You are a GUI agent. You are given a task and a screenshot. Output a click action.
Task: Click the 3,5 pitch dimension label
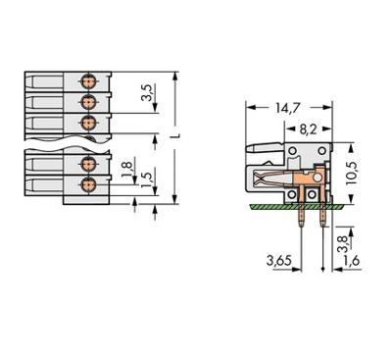tap(147, 94)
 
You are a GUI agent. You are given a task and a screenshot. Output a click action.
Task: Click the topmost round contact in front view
tap(87, 78)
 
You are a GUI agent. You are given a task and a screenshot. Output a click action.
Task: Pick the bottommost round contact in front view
tap(87, 183)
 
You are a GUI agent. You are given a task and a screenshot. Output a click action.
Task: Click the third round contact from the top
tap(87, 123)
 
